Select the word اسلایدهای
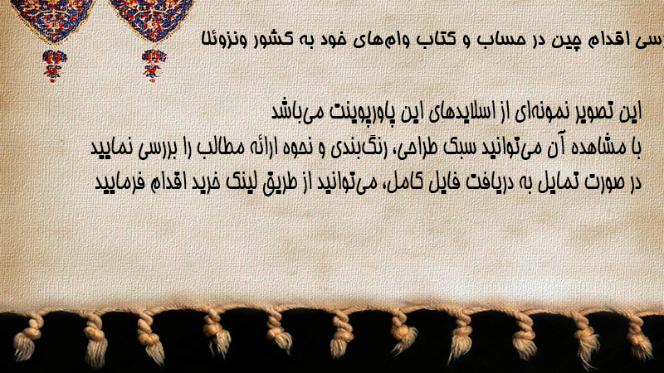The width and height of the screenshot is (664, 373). pyautogui.click(x=463, y=112)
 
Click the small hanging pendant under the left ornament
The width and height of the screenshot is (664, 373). pyautogui.click(x=54, y=65)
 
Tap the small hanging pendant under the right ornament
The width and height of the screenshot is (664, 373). pyautogui.click(x=154, y=65)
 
